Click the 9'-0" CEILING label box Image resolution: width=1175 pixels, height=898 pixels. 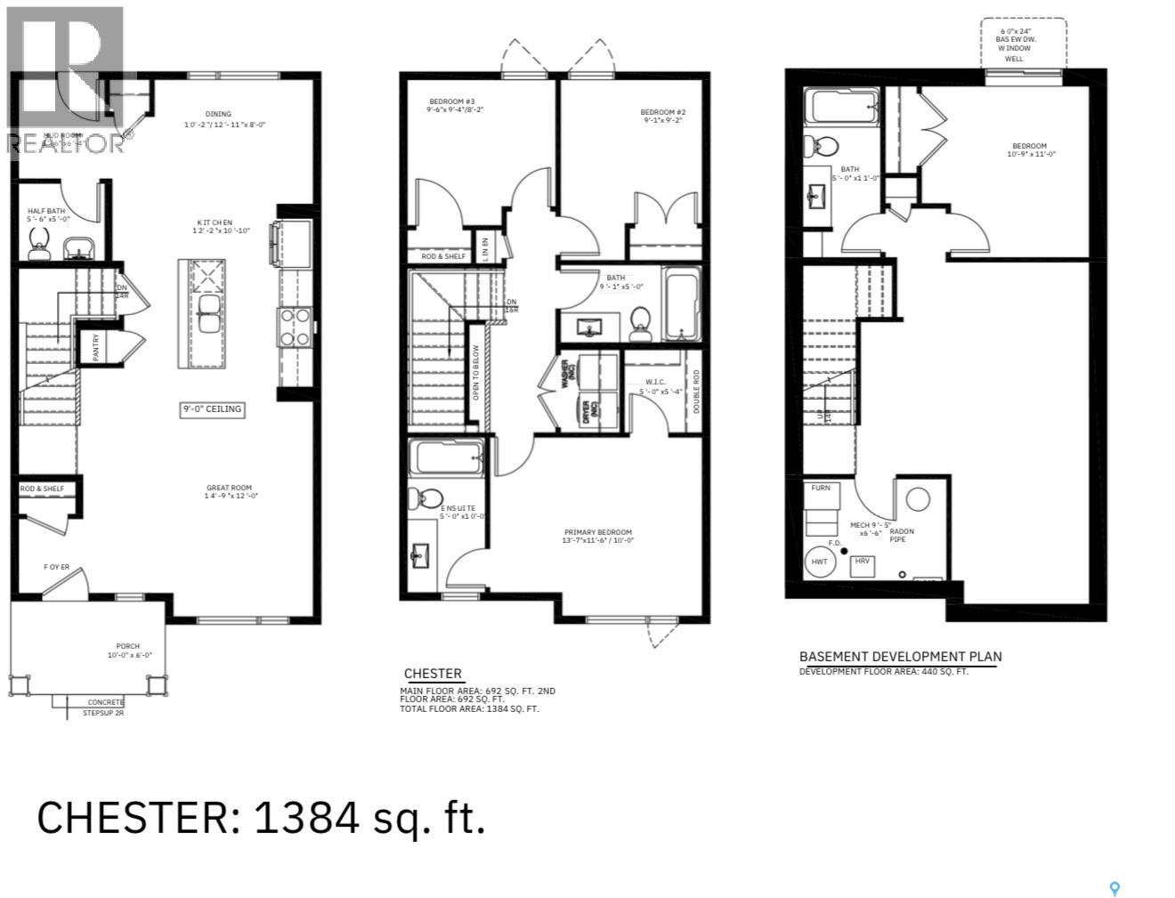(212, 409)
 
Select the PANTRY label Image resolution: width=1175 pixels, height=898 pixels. (96, 346)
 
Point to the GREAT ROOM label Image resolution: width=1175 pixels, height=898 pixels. (229, 488)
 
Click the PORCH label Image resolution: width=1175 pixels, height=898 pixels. (127, 646)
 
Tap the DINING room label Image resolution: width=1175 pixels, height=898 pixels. (218, 114)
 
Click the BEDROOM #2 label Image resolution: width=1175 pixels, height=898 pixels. (662, 112)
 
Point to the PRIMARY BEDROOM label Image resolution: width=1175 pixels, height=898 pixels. (597, 532)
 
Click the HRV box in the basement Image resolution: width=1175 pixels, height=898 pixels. (861, 562)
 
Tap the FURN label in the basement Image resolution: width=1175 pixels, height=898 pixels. (820, 488)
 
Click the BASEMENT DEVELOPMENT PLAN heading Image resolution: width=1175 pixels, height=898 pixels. (900, 657)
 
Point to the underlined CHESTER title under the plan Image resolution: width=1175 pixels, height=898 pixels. (433, 674)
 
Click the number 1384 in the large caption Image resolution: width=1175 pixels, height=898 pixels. (307, 817)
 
